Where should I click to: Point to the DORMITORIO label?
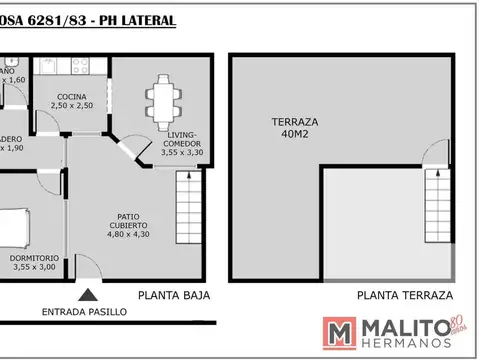tap(36, 258)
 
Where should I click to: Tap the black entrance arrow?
tap(89, 295)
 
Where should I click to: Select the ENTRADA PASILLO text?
tap(84, 312)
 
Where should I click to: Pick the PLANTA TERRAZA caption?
tap(405, 295)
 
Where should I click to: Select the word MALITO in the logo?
tap(404, 327)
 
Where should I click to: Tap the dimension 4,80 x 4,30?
tap(126, 235)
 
